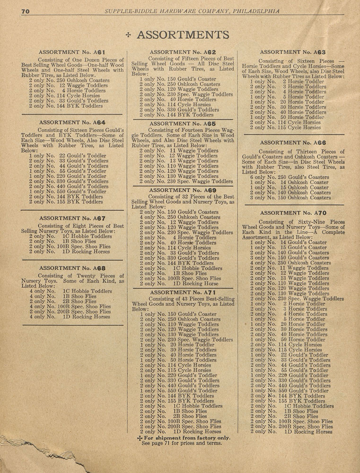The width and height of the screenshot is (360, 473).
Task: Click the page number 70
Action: pos(26,11)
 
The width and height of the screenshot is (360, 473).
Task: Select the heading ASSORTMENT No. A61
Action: pos(71,52)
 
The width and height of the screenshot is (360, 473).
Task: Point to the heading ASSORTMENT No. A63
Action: pos(292,52)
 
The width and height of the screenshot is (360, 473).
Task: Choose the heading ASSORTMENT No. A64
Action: pos(71,122)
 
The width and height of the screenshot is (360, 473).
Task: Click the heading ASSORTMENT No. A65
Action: pos(183,123)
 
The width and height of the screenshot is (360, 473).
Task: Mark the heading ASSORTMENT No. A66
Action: pos(292,142)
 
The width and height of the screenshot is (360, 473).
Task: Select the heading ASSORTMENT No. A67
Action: pos(71,218)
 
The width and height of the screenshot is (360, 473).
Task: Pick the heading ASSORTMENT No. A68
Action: pos(71,268)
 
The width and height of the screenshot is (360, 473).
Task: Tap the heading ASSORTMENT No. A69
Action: pos(183,190)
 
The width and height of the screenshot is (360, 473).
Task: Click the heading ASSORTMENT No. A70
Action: pos(292,213)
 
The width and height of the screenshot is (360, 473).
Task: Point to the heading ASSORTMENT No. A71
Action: pos(183,293)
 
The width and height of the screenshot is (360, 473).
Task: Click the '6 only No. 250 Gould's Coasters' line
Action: pos(292,177)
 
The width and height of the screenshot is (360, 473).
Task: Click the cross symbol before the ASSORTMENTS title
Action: pos(129,35)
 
